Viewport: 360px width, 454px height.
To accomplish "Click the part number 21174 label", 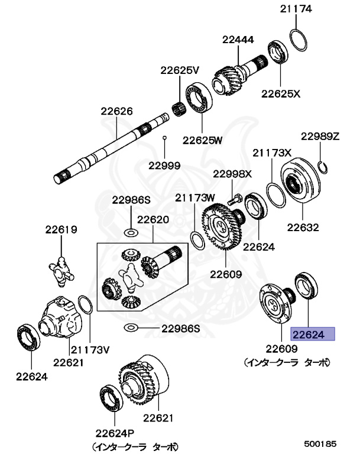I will (x=296, y=9).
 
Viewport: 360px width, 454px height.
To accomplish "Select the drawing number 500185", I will (x=320, y=442).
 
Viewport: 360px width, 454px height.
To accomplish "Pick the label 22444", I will (x=238, y=40).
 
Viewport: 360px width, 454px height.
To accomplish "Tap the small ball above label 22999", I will (x=166, y=137).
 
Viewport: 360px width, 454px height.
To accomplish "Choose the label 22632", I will (x=303, y=227).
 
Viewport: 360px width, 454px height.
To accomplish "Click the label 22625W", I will (x=202, y=140).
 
